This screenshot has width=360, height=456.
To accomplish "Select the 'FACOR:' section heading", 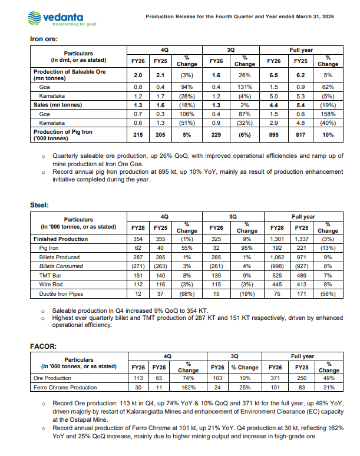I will [x=43, y=346].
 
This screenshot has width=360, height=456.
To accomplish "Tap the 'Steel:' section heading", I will [x=39, y=205].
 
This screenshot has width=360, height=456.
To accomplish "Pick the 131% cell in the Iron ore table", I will [x=244, y=86].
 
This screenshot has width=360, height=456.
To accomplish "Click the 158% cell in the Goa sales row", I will [x=328, y=114].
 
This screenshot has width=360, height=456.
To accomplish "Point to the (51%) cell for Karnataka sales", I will [x=187, y=123].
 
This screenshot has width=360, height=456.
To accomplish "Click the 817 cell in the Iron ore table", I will [x=300, y=135].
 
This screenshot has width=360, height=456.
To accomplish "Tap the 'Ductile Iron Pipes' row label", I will [x=61, y=293].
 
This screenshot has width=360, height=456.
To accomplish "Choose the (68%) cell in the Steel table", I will [x=187, y=293].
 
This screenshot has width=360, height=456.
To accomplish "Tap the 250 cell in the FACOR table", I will [x=300, y=378].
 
